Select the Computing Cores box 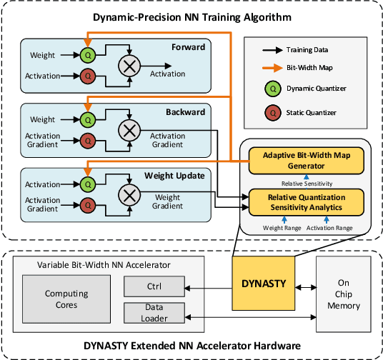66,299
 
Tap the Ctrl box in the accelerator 154,286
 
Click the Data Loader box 154,312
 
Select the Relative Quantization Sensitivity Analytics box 306,201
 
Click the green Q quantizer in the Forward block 88,56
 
